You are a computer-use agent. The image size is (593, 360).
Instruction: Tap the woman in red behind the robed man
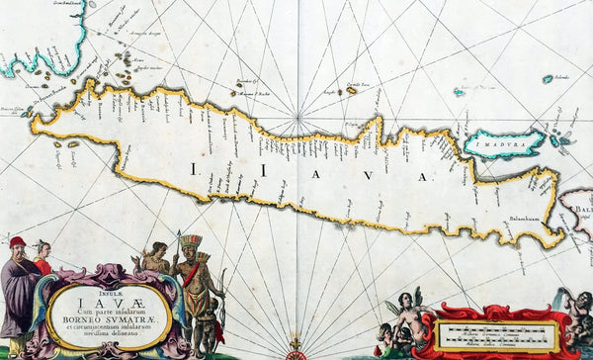click(x=42, y=259)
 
